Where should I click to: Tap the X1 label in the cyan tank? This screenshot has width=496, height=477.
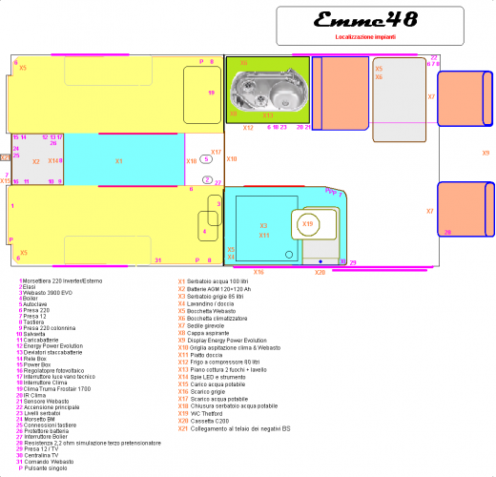click(x=119, y=161)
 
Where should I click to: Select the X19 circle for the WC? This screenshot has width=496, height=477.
click(x=306, y=223)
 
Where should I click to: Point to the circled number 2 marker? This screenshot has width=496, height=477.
click(x=207, y=179)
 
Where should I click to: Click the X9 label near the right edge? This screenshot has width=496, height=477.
click(x=485, y=153)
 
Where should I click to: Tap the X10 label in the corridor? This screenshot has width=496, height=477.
click(x=192, y=161)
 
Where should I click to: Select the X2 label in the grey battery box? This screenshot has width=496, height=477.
click(x=35, y=162)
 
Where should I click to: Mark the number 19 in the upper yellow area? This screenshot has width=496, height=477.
click(x=211, y=93)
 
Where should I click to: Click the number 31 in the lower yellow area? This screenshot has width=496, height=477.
click(x=158, y=259)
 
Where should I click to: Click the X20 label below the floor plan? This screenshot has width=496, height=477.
click(x=320, y=272)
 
